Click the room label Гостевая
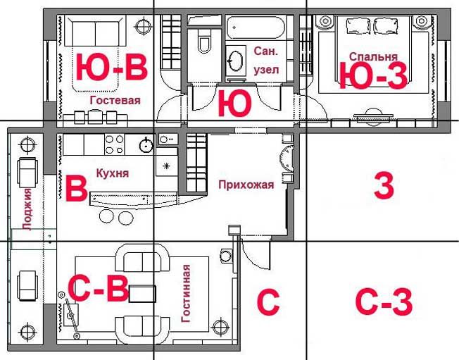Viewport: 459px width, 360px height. click(x=115, y=101)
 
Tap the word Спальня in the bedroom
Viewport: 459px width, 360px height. click(x=373, y=57)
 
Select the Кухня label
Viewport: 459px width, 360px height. click(x=113, y=173)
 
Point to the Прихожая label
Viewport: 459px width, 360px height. click(x=246, y=185)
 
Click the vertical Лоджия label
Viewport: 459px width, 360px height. click(x=27, y=210)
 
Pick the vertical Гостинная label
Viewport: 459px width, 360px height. click(x=186, y=294)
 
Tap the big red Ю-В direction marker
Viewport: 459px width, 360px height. click(x=111, y=68)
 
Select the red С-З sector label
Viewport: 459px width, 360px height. click(x=384, y=302)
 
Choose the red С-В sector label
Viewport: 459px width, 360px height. click(x=98, y=288)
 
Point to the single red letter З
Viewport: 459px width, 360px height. click(x=384, y=186)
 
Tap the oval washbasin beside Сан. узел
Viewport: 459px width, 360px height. click(x=235, y=61)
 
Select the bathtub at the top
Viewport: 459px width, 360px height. click(x=256, y=27)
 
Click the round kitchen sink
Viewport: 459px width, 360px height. click(x=146, y=144)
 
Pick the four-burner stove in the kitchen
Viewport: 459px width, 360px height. click(x=115, y=144)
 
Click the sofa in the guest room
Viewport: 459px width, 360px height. click(x=95, y=31)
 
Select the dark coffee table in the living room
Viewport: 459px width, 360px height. click(x=142, y=294)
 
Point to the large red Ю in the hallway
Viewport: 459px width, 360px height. click(x=234, y=104)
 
